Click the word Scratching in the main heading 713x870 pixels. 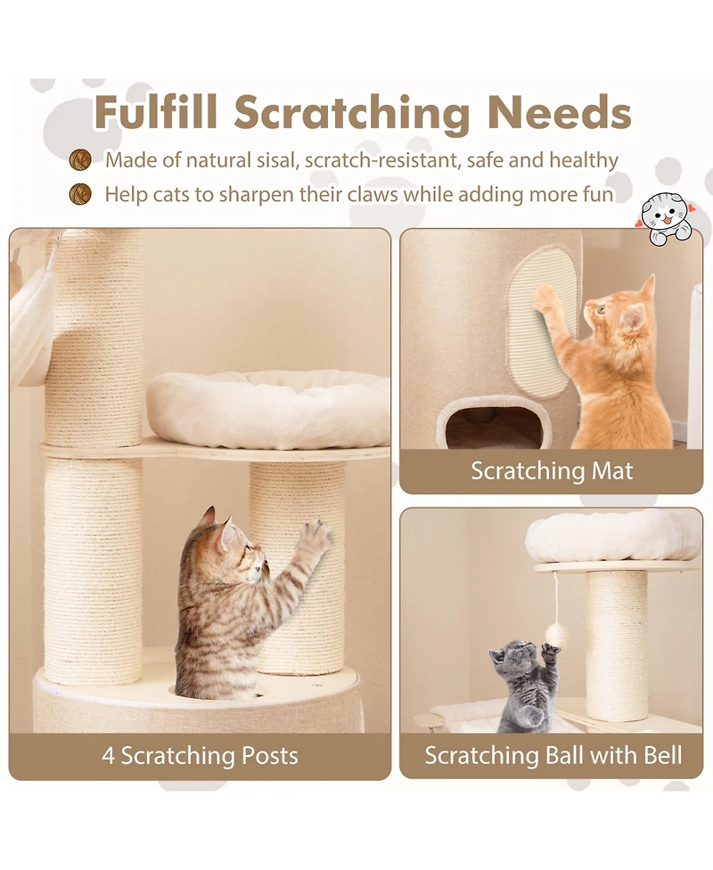pyautogui.click(x=352, y=113)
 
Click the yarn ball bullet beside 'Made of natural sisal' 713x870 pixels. pyautogui.click(x=81, y=160)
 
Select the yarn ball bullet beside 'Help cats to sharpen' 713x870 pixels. pyautogui.click(x=81, y=193)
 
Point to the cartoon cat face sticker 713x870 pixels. pyautogui.click(x=667, y=216)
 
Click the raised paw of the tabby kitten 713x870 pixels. pyautogui.click(x=314, y=537)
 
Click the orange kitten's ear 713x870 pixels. pyautogui.click(x=647, y=286)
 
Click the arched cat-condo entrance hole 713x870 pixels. pyautogui.click(x=493, y=425)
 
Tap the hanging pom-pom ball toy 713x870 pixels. pyautogui.click(x=557, y=633)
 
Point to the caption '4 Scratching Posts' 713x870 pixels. pyautogui.click(x=200, y=756)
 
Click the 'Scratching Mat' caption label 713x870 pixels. pyautogui.click(x=552, y=471)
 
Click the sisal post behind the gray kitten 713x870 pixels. pyautogui.click(x=616, y=641)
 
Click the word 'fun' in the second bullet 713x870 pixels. pyautogui.click(x=598, y=193)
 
